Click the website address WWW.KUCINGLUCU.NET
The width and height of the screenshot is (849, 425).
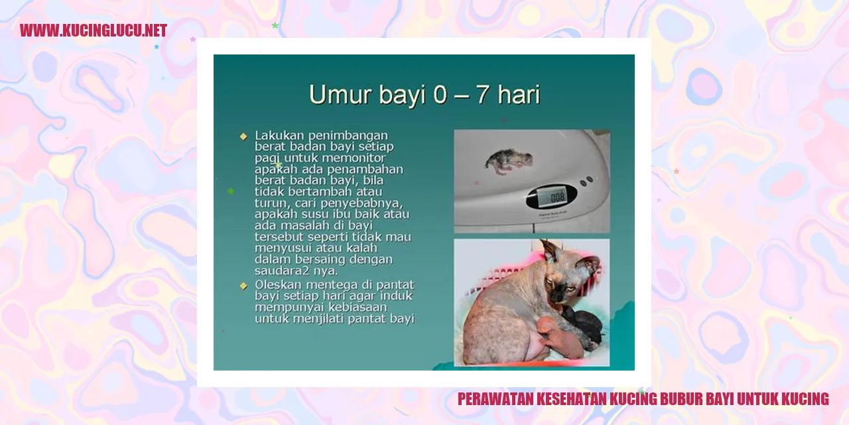(x=94, y=31)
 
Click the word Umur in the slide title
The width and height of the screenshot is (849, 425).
(x=340, y=94)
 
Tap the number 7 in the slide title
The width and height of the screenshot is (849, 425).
(x=482, y=94)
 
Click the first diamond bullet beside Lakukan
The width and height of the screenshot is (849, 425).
(x=243, y=136)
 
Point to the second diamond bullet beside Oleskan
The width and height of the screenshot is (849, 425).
(x=243, y=286)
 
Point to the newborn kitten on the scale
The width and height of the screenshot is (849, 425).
(x=509, y=161)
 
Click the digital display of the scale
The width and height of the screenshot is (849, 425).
(x=552, y=197)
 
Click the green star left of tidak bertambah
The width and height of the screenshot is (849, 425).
(x=230, y=191)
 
